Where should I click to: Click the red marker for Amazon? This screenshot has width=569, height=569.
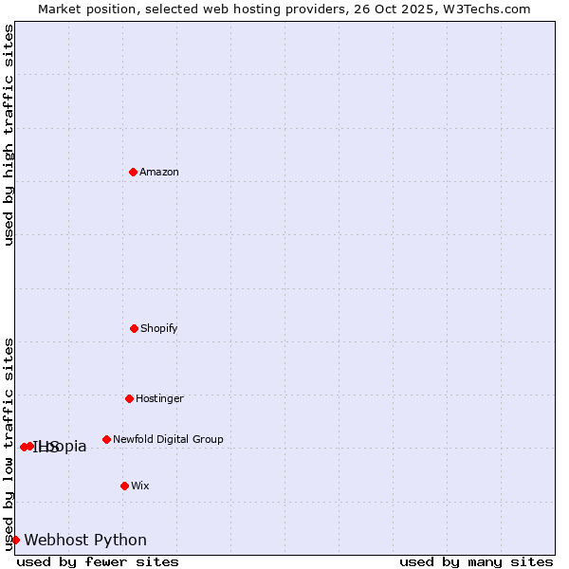pos(133,172)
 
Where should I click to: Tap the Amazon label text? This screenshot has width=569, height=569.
pos(159,172)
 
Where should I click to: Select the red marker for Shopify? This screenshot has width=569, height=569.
pos(134,328)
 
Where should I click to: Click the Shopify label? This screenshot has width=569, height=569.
pos(159,328)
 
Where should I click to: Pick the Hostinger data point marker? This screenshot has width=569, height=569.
pos(129,398)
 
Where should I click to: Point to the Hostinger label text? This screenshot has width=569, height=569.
pos(159,398)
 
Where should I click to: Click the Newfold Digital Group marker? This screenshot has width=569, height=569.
pos(106,439)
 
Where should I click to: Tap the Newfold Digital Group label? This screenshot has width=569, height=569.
pos(168,439)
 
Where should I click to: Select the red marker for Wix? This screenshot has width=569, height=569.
pos(124,486)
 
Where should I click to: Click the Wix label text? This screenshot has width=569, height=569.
pos(140,486)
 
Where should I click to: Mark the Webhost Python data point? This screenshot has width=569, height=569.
pos(15,540)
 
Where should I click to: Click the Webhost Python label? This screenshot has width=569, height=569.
pos(85,541)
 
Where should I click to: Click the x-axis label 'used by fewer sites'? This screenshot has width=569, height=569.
pos(98,561)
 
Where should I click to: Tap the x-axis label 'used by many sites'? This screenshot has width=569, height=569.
pos(476,561)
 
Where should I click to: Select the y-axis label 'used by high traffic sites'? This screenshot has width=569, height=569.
pos(9,135)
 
